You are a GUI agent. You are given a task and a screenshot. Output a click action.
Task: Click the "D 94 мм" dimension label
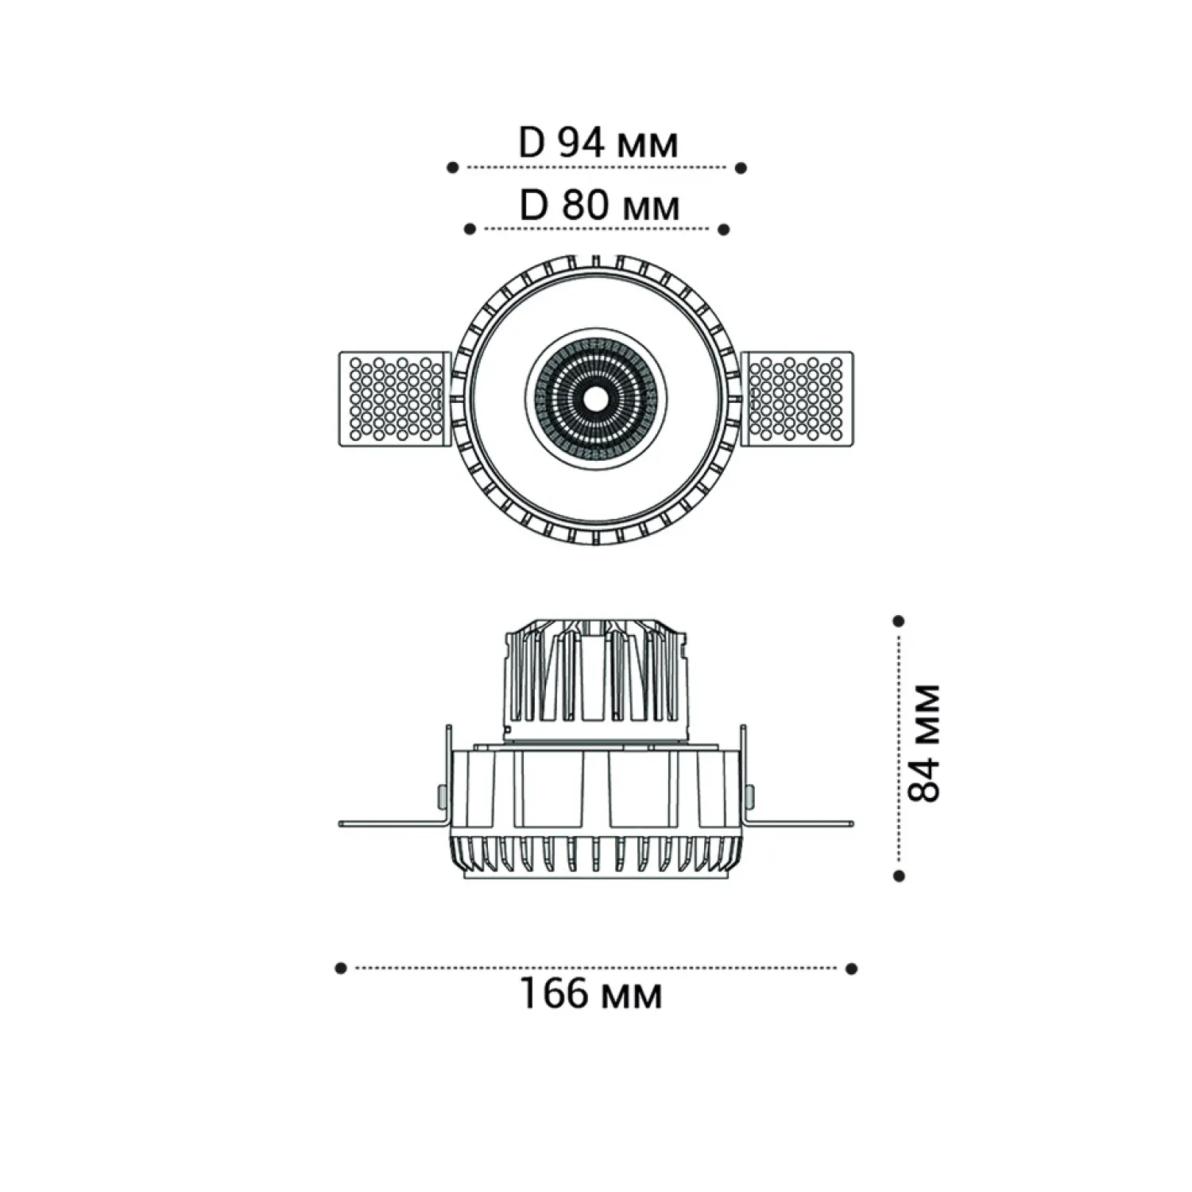(598, 143)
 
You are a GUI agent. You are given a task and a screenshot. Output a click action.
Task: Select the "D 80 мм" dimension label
(600, 206)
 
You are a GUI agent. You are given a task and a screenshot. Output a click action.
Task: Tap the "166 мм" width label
(590, 993)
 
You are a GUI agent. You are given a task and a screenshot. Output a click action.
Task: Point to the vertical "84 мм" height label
(923, 742)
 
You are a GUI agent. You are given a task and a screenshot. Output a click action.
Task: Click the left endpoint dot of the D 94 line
(452, 168)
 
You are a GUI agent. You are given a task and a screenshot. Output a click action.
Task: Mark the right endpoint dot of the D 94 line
(741, 168)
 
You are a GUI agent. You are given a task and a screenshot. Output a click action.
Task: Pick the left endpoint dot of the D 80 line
(470, 230)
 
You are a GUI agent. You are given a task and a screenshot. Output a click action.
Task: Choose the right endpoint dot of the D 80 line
(723, 230)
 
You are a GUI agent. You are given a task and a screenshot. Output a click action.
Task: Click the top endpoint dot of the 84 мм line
(899, 621)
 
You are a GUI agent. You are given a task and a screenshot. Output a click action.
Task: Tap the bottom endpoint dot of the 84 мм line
(899, 876)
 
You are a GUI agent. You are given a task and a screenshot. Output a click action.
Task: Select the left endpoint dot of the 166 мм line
(341, 968)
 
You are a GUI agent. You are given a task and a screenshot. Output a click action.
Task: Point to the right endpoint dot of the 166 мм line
(852, 968)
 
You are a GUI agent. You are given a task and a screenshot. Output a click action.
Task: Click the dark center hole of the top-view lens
(595, 397)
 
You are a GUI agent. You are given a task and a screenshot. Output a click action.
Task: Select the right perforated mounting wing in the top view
(797, 399)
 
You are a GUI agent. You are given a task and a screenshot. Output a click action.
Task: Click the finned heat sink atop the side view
(595, 680)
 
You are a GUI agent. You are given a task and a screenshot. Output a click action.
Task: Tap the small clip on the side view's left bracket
(440, 794)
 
